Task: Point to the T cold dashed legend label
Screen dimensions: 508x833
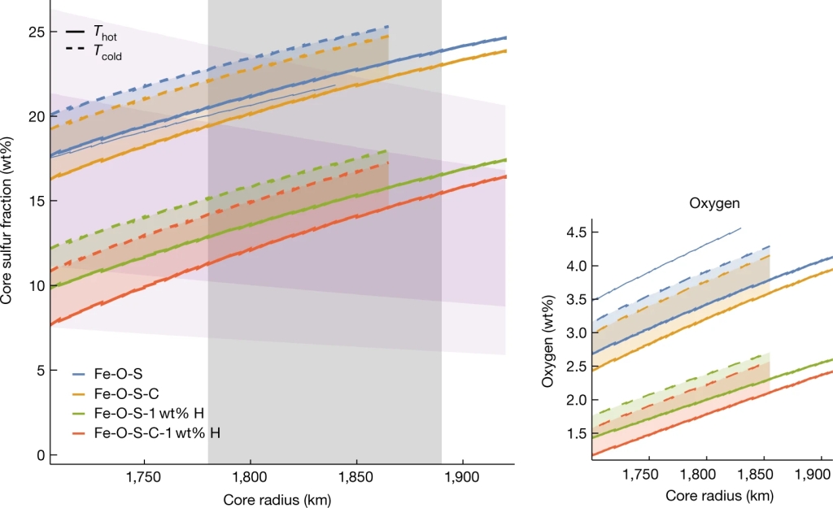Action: [107, 54]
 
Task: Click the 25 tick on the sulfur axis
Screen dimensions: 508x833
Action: [34, 31]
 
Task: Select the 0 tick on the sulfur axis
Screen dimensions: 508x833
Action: [37, 455]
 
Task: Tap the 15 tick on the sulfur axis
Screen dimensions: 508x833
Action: [34, 201]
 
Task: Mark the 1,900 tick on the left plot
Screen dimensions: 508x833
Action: [463, 476]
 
